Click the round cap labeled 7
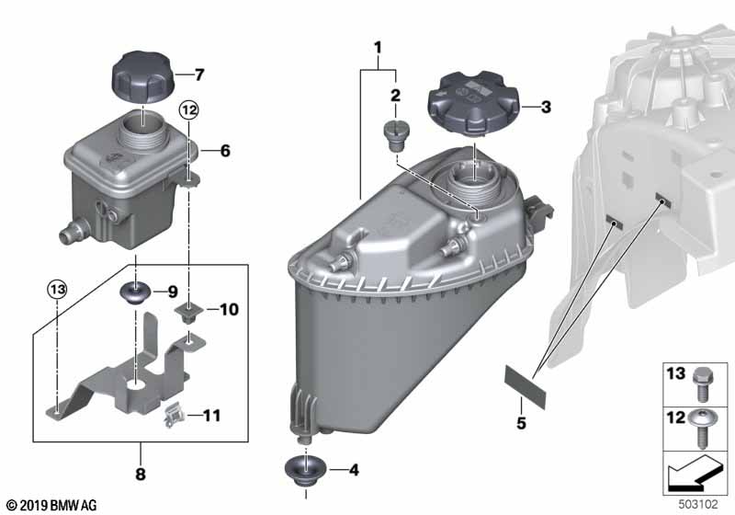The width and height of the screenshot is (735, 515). pos(142,78)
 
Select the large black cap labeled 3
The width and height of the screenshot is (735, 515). pos(474,104)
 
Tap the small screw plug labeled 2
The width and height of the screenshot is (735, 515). pos(396,135)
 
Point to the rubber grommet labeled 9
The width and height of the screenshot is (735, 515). pos(136,292)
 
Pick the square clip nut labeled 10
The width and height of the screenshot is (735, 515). pos(189,313)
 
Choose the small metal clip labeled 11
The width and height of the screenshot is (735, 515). pos(174,416)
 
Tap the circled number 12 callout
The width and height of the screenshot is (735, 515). pos(189,110)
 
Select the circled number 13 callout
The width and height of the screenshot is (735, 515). pos(57,289)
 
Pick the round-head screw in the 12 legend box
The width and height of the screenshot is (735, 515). pos(701,428)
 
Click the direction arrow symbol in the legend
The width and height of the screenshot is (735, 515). pos(695,473)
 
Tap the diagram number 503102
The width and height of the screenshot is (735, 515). pos(698,505)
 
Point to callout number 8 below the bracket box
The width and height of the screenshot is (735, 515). pos(141,475)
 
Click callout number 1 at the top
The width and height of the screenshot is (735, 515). pos(378,48)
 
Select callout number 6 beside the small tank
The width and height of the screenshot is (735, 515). pos(225,151)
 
